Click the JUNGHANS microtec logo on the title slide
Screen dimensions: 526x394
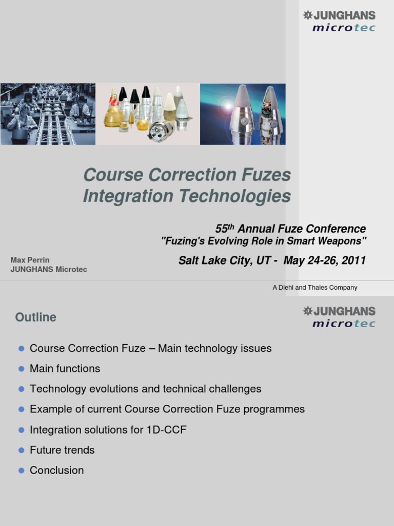tap(339, 21)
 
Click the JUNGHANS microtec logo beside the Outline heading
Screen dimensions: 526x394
tap(339, 316)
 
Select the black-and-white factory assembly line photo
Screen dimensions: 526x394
tap(48, 114)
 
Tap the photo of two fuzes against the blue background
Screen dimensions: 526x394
tap(243, 114)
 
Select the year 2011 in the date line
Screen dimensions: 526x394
tap(353, 260)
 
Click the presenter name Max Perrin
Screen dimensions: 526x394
tap(30, 260)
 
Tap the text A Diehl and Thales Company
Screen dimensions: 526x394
tap(315, 288)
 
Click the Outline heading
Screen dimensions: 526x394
tap(36, 317)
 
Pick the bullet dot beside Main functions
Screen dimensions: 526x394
tap(22, 369)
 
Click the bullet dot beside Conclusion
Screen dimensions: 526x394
tap(22, 471)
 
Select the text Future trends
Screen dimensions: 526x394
tap(62, 450)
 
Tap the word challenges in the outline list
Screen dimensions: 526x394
tap(235, 389)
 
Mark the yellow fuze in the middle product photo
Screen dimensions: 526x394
tap(113, 115)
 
